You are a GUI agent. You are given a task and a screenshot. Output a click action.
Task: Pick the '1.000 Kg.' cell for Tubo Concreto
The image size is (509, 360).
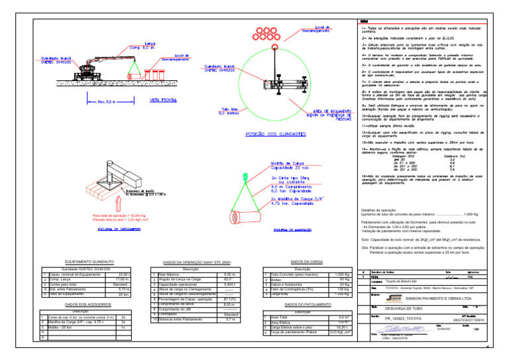[341, 274]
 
